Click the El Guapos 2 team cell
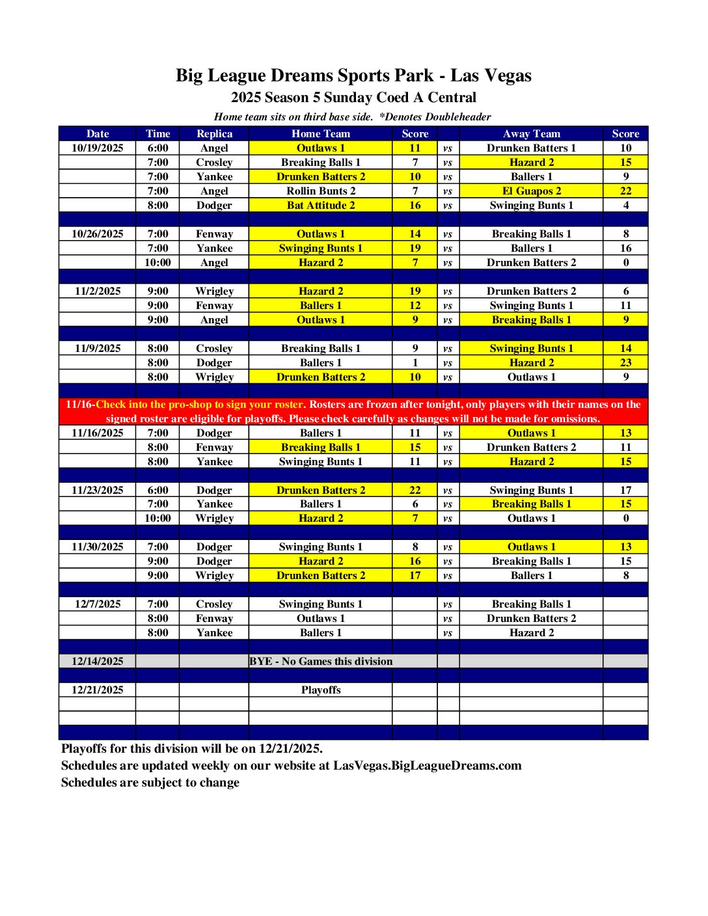click(531, 191)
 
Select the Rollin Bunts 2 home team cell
click(321, 191)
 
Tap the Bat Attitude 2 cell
click(321, 206)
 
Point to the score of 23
click(625, 363)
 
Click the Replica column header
click(214, 134)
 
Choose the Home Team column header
click(321, 134)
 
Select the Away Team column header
click(531, 134)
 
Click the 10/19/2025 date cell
click(98, 148)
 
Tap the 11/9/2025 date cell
click(98, 349)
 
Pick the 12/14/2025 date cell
click(98, 662)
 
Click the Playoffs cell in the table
click(321, 690)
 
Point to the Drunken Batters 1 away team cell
click(531, 148)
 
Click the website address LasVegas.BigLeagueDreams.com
click(428, 766)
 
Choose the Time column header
click(157, 134)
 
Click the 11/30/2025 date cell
click(98, 547)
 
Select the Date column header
click(98, 134)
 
